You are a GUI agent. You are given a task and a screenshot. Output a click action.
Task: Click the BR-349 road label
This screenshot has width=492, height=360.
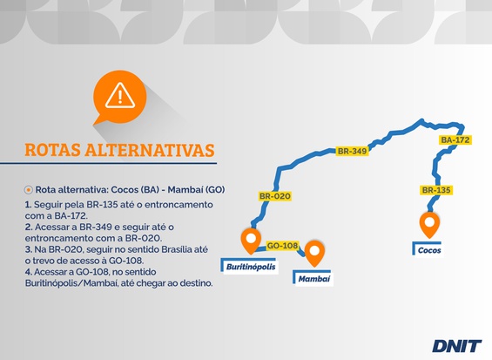pos(352,151)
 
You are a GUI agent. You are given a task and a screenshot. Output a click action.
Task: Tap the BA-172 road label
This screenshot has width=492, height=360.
pos(455,139)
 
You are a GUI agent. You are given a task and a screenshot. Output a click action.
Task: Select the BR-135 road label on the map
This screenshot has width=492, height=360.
pos(436,190)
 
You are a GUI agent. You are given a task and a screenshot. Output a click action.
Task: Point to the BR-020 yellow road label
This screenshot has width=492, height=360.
pos(275,196)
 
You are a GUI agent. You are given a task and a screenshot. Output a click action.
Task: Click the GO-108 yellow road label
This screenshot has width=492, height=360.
pos(282,245)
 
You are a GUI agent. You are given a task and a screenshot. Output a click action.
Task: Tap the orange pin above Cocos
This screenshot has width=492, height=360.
pos(429,225)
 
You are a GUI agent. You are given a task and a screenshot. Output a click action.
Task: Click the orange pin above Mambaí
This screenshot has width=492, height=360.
pos(314,254)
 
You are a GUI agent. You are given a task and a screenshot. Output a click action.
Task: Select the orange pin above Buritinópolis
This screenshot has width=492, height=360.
pos(251,241)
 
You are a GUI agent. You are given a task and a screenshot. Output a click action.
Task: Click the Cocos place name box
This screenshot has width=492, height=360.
pos(428,249)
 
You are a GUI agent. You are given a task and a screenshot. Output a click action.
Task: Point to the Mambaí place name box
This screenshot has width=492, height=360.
pos(313,278)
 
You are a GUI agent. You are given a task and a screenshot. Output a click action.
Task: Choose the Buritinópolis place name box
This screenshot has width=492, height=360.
pos(249,266)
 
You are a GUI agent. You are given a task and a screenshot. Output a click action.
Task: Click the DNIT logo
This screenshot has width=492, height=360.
pos(456,346)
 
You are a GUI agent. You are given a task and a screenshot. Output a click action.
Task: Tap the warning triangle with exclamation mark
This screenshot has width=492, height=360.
pos(120,96)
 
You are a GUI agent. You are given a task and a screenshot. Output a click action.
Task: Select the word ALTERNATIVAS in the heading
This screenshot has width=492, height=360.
pos(150,150)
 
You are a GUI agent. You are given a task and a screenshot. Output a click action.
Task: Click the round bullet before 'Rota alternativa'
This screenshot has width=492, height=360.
pos(29,190)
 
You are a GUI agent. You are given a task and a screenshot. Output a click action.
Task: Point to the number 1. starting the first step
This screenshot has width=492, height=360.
pos(28,205)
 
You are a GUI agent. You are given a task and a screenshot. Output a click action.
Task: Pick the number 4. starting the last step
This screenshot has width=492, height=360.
pos(29,272)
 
